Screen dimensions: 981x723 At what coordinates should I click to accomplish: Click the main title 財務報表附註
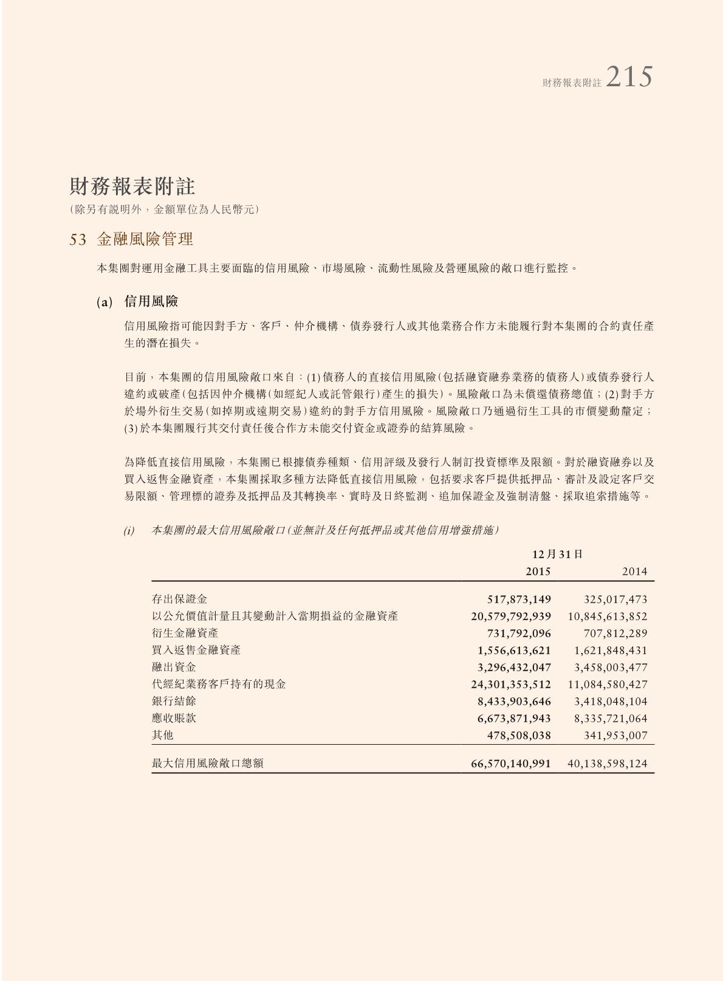(x=132, y=186)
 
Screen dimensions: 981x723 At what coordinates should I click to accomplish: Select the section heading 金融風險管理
(x=145, y=239)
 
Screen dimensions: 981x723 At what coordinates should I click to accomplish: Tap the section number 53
(x=78, y=240)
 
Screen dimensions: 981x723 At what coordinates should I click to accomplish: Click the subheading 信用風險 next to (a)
(x=151, y=301)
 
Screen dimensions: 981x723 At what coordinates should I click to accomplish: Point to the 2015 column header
(x=538, y=572)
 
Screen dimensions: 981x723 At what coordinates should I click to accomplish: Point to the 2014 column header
(x=635, y=572)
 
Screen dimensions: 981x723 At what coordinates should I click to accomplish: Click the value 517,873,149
(x=519, y=600)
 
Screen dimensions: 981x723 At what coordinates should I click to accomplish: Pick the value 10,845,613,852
(x=608, y=617)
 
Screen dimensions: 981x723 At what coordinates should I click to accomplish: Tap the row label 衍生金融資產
(x=179, y=634)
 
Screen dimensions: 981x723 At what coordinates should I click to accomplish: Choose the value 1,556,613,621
(x=514, y=651)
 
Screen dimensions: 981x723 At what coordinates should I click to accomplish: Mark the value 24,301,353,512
(x=511, y=685)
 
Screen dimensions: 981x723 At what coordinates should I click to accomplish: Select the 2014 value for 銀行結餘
(x=611, y=702)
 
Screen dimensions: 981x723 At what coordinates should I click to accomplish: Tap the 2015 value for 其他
(x=519, y=736)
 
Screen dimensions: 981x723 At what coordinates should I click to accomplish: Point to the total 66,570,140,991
(x=511, y=764)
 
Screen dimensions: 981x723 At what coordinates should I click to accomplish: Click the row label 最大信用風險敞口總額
(x=207, y=764)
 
